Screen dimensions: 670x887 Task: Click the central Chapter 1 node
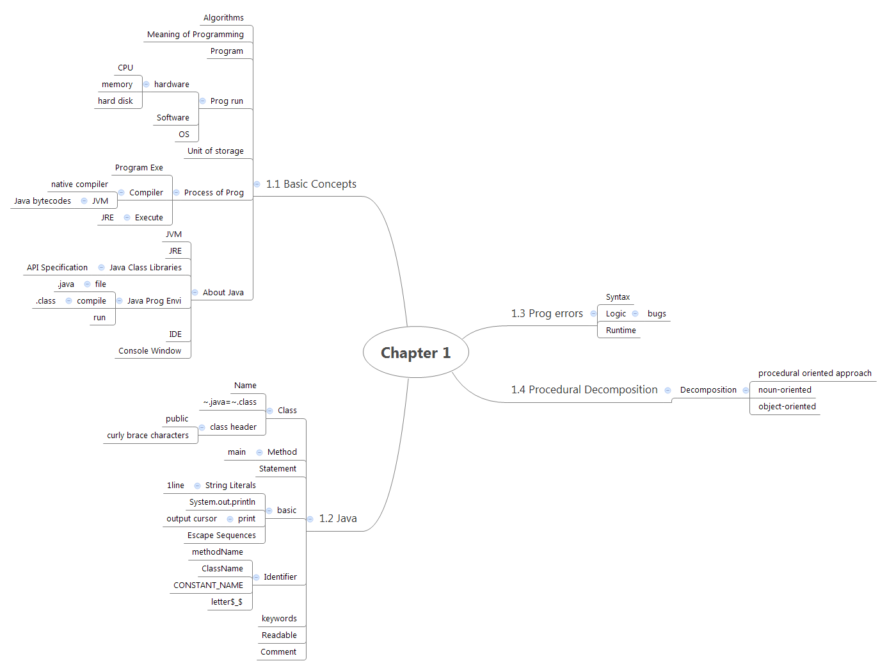(415, 353)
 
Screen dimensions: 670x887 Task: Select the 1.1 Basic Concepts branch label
(311, 184)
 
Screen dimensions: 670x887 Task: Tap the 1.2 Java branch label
(338, 519)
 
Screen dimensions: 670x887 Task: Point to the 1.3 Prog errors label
(547, 314)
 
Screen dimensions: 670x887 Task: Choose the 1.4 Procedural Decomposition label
(584, 390)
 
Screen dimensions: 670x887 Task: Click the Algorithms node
(223, 18)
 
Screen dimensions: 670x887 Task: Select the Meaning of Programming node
(195, 35)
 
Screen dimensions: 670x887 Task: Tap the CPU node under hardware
(125, 68)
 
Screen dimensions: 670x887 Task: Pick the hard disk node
(115, 101)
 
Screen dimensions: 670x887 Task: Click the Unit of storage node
(215, 151)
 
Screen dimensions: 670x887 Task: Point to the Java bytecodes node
(42, 201)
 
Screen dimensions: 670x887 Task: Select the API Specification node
(57, 268)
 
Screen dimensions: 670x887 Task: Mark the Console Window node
(150, 351)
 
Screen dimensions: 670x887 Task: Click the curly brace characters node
(148, 436)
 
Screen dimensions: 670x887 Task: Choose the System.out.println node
(222, 502)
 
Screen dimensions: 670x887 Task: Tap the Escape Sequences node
(221, 535)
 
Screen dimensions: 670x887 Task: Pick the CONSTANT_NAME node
(208, 585)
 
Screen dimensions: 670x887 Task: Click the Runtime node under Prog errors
(621, 331)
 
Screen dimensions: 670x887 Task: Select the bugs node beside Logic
(657, 314)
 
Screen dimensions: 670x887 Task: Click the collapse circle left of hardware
(146, 85)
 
